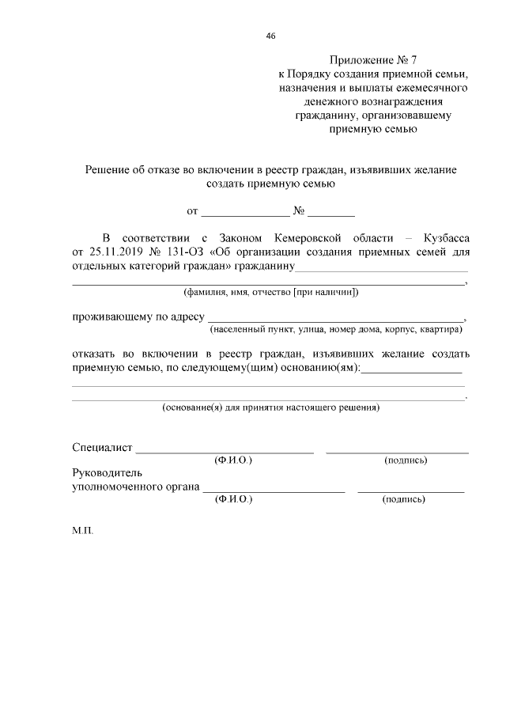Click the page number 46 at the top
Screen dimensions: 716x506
(x=271, y=36)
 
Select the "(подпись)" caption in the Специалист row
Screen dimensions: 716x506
(x=405, y=460)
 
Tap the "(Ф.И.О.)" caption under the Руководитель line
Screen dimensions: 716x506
(x=233, y=499)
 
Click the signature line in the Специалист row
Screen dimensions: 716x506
(x=397, y=452)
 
